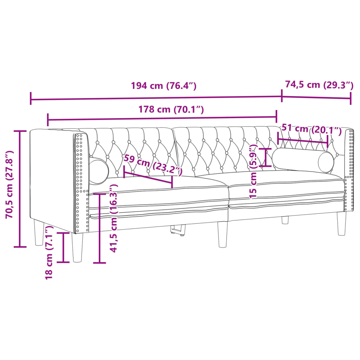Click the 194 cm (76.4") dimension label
(x=163, y=86)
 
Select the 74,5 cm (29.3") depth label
(x=319, y=85)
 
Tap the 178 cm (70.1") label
(x=171, y=109)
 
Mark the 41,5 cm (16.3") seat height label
(x=114, y=218)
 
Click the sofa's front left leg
(x=78, y=247)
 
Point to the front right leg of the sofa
(x=341, y=223)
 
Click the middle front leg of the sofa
(x=222, y=234)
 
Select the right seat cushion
(x=285, y=185)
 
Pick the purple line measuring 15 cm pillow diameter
(x=266, y=157)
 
